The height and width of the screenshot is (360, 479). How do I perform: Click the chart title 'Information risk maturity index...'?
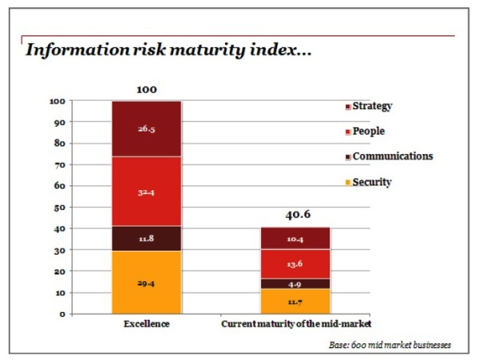pyautogui.click(x=167, y=49)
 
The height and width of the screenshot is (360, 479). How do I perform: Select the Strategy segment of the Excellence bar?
pyautogui.click(x=145, y=129)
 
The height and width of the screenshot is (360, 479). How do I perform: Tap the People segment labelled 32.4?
pyautogui.click(x=145, y=191)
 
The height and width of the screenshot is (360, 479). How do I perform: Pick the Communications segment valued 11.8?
pyautogui.click(x=145, y=238)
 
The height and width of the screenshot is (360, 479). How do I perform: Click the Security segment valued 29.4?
pyautogui.click(x=145, y=282)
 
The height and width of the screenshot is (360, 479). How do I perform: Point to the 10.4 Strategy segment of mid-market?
pyautogui.click(x=295, y=239)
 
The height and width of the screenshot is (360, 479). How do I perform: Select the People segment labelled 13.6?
pyautogui.click(x=295, y=264)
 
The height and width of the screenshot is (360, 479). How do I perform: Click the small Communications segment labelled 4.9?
pyautogui.click(x=295, y=283)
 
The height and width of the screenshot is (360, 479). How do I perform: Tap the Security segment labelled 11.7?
pyautogui.click(x=295, y=301)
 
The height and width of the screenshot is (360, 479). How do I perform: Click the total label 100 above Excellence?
pyautogui.click(x=146, y=89)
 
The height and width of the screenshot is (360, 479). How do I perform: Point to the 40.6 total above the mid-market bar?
pyautogui.click(x=295, y=215)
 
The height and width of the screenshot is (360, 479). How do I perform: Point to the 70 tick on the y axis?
pyautogui.click(x=60, y=165)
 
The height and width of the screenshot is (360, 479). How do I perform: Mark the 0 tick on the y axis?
pyautogui.click(x=62, y=314)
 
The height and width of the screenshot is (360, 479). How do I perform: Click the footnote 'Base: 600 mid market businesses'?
pyautogui.click(x=390, y=345)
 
